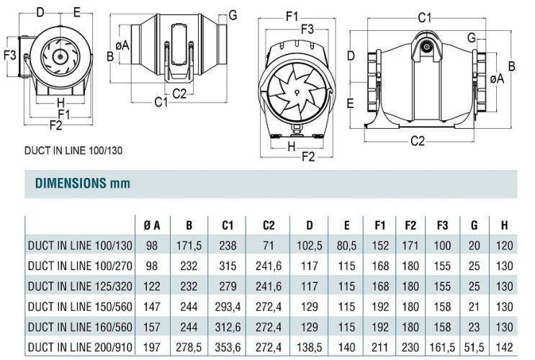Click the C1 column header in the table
click(x=228, y=225)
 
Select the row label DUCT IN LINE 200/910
click(x=80, y=347)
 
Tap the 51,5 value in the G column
click(x=475, y=347)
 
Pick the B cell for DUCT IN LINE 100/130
click(x=189, y=246)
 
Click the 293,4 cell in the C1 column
click(x=228, y=307)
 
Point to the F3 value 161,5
click(x=443, y=347)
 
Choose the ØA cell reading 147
click(x=152, y=307)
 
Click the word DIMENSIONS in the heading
click(x=71, y=184)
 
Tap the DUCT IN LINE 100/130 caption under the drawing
click(x=73, y=150)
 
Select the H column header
click(x=504, y=225)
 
